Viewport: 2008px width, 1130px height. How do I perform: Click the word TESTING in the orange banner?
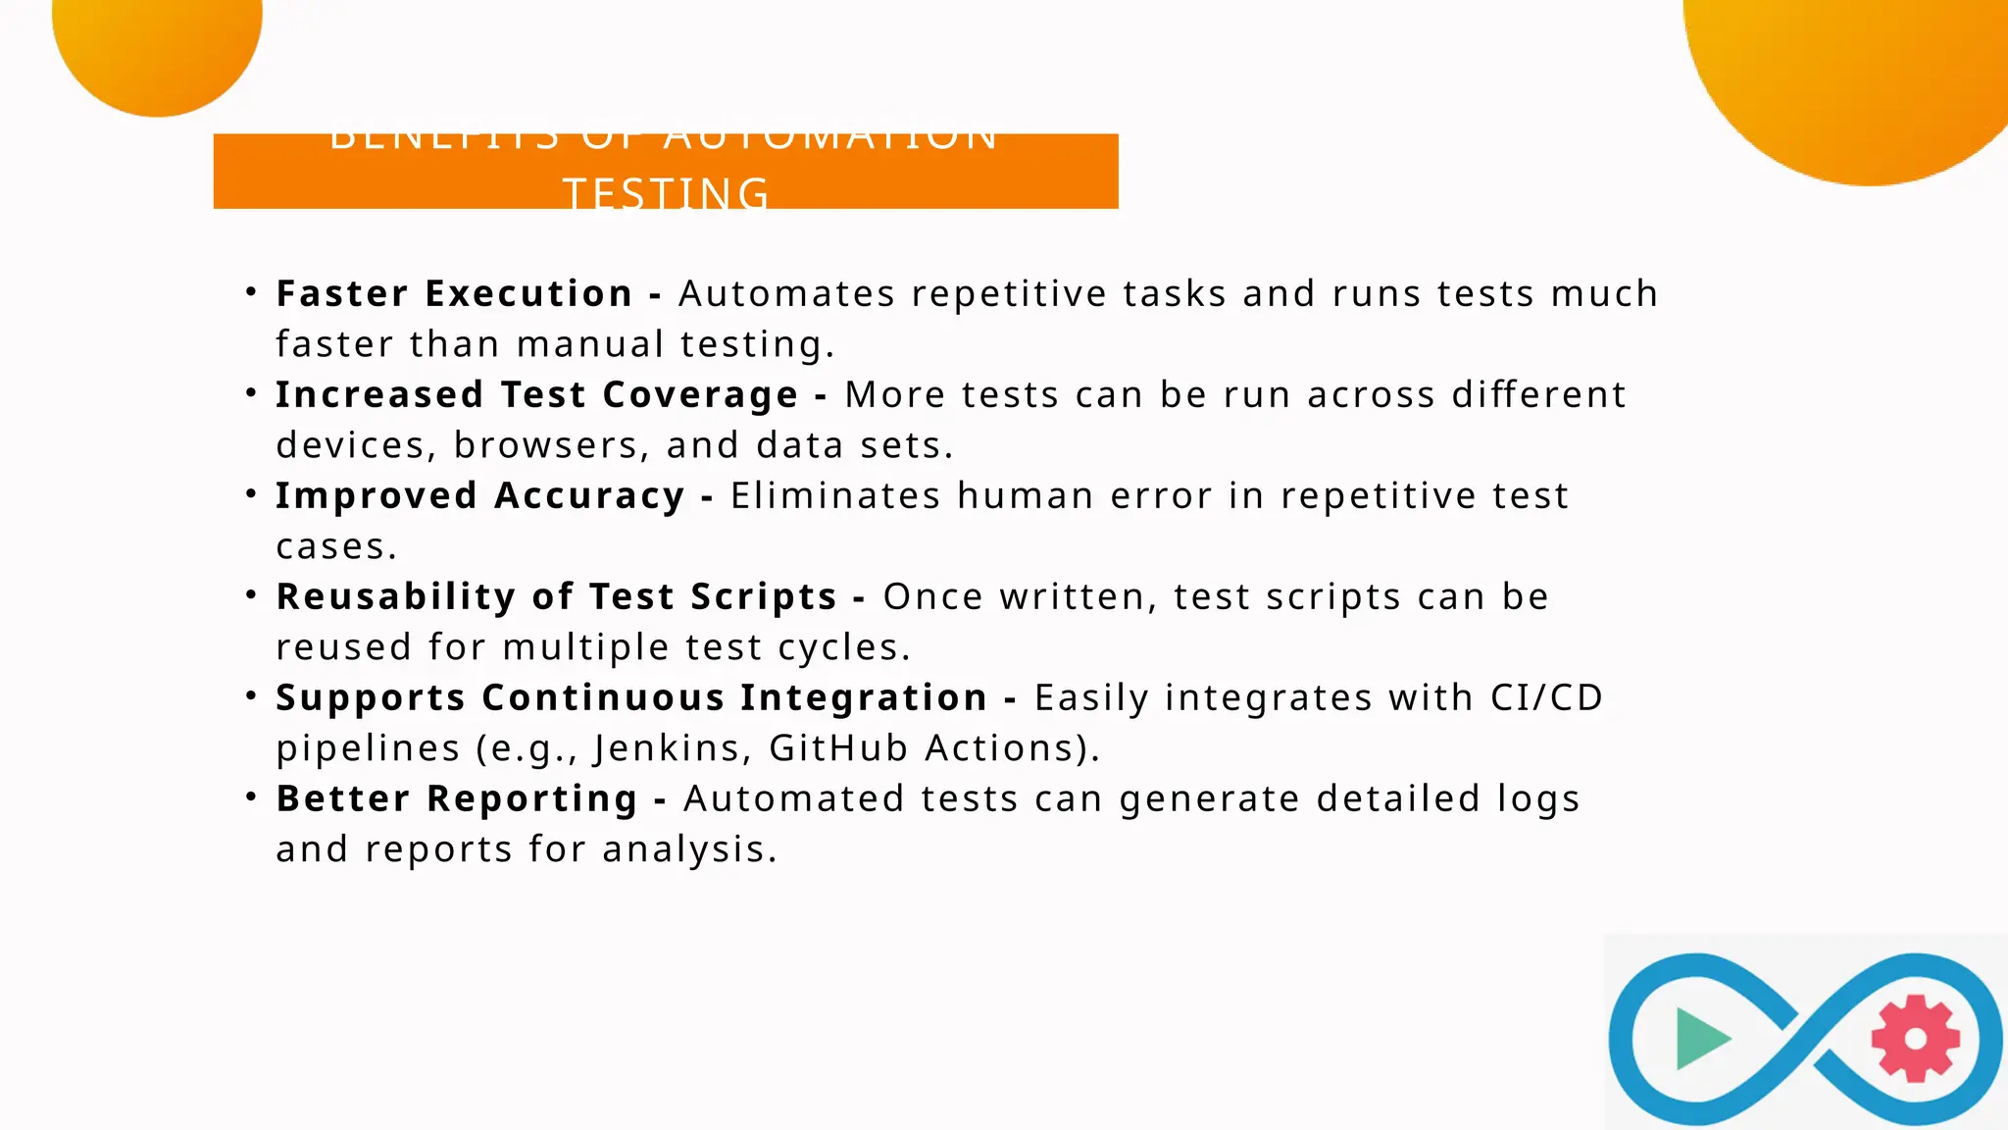pos(667,193)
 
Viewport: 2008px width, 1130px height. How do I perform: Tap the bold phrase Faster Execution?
pos(454,293)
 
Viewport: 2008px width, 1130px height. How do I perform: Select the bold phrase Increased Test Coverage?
pos(536,394)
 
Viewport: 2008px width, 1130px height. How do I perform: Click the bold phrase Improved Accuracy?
pos(479,495)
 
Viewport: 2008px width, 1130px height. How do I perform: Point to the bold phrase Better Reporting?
pos(457,798)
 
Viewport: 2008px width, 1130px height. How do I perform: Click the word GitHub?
pos(838,748)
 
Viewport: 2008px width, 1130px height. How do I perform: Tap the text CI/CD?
pos(1546,697)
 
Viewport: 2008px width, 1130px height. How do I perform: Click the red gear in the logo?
pos(1915,1039)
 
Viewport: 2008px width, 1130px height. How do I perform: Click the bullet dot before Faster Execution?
pos(252,291)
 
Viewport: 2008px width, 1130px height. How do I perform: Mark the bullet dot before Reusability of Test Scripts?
pos(252,594)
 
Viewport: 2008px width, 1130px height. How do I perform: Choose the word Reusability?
pos(396,596)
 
